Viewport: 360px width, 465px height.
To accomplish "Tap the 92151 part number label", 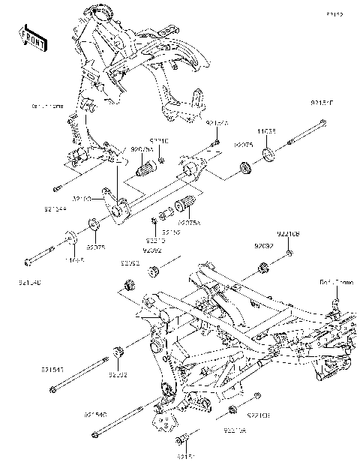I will click(x=186, y=454).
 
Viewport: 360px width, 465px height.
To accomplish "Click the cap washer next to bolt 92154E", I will click(x=268, y=157).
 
